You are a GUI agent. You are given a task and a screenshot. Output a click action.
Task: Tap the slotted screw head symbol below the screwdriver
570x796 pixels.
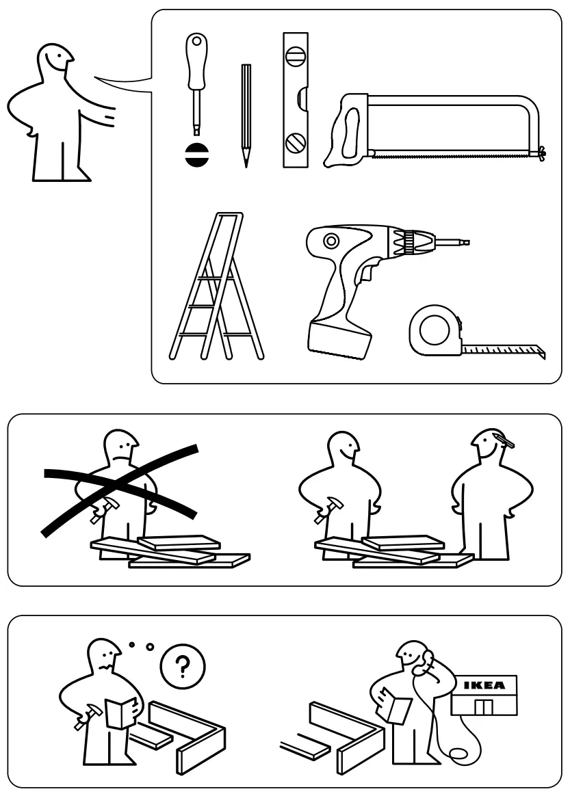(195, 155)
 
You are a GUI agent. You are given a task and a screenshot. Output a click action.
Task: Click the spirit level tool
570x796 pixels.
(296, 100)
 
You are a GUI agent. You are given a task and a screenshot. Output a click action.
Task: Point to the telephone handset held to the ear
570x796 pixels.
(427, 661)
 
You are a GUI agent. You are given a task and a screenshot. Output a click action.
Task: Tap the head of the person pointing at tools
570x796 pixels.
(54, 64)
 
